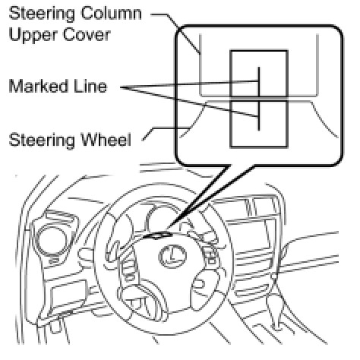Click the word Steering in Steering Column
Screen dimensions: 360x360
pyautogui.click(x=42, y=14)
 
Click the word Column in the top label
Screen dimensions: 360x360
pyautogui.click(x=112, y=13)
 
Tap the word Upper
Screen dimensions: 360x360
pyautogui.click(x=33, y=36)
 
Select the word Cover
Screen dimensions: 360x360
pyautogui.click(x=87, y=34)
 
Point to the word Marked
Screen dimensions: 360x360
pyautogui.click(x=39, y=86)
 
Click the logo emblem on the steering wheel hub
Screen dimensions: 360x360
pyautogui.click(x=172, y=256)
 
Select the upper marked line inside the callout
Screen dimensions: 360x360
pyautogui.click(x=259, y=81)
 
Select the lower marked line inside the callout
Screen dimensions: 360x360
pyautogui.click(x=258, y=115)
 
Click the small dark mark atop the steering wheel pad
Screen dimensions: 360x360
pyautogui.click(x=157, y=235)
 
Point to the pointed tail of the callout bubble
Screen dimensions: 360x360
pyautogui.click(x=169, y=227)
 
